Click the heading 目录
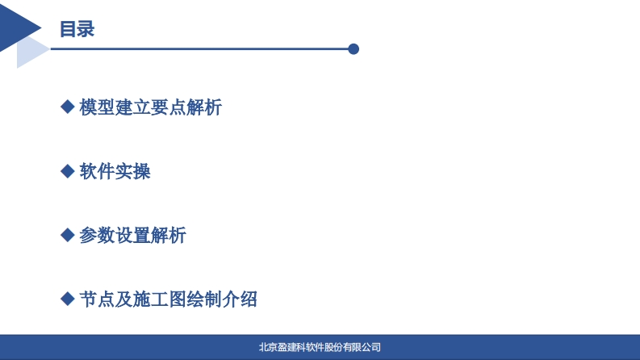(x=77, y=29)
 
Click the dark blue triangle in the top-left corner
(x=16, y=27)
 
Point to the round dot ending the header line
(x=353, y=49)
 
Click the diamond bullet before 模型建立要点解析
(x=67, y=107)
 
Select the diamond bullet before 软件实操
(x=67, y=171)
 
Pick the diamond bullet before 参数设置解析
(x=67, y=235)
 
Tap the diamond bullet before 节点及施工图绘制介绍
(x=67, y=299)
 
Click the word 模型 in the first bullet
(x=97, y=107)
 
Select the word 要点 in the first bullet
(x=168, y=107)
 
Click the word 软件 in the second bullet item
(x=97, y=171)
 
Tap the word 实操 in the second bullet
(x=132, y=171)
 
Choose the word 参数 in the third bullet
(x=97, y=236)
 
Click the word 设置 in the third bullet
(x=132, y=236)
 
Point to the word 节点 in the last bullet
(x=97, y=299)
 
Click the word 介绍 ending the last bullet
(x=240, y=299)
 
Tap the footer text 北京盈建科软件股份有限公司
(x=320, y=347)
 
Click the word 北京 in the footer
(x=268, y=347)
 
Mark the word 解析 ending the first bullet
(x=204, y=107)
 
